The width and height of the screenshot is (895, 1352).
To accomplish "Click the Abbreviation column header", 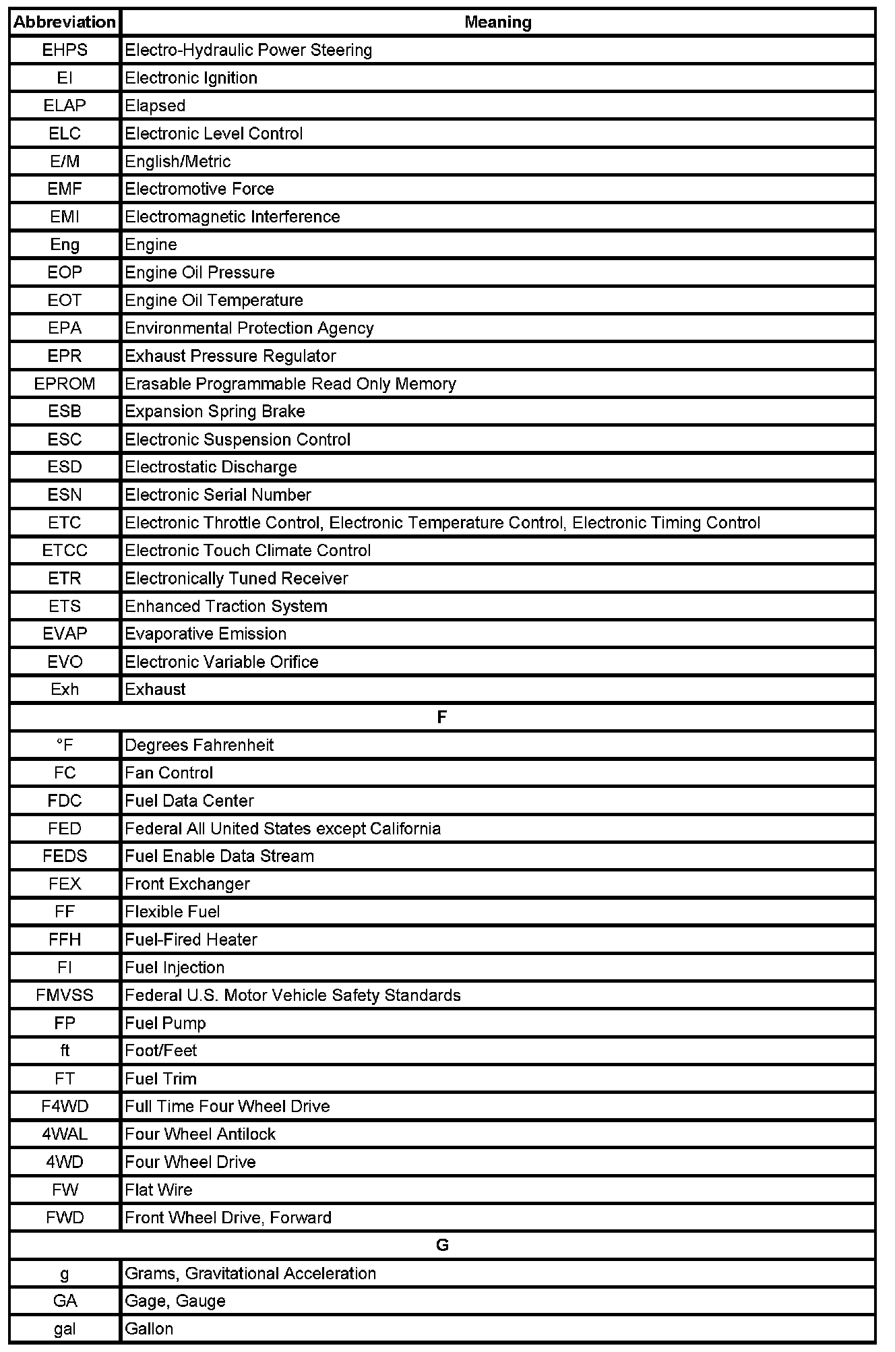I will pos(65,22).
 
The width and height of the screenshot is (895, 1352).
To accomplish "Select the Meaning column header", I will pos(497,22).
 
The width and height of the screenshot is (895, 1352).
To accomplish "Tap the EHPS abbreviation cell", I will pos(65,51).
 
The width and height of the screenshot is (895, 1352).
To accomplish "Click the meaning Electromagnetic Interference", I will pos(233,217).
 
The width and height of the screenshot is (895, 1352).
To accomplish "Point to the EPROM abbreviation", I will pos(65,384).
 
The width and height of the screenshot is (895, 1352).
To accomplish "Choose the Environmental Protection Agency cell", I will pos(249,328).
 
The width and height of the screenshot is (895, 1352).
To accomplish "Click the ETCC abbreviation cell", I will pos(65,551).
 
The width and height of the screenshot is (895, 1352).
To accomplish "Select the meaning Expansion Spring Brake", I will pos(215,412).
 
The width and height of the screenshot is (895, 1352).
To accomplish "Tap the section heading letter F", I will pos(442,717).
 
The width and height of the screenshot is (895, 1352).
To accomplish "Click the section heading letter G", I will pos(442,1246).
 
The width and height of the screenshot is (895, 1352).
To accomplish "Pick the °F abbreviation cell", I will pos(65,745).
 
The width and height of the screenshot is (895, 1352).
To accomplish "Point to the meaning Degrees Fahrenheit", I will pos(199,745).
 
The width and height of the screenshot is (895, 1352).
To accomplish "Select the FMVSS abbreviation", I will pos(65,995).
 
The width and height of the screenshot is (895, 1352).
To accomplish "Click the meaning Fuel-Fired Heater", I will pos(191,940).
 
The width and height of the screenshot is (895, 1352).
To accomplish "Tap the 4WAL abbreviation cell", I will pos(65,1134).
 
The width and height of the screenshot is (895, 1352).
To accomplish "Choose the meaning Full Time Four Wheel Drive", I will pos(228,1107).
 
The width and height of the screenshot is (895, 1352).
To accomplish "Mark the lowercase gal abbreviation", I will pos(65,1329).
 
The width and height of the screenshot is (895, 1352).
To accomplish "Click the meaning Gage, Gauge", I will pos(175,1301).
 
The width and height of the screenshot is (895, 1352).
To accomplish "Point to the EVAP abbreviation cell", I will pos(65,634).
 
